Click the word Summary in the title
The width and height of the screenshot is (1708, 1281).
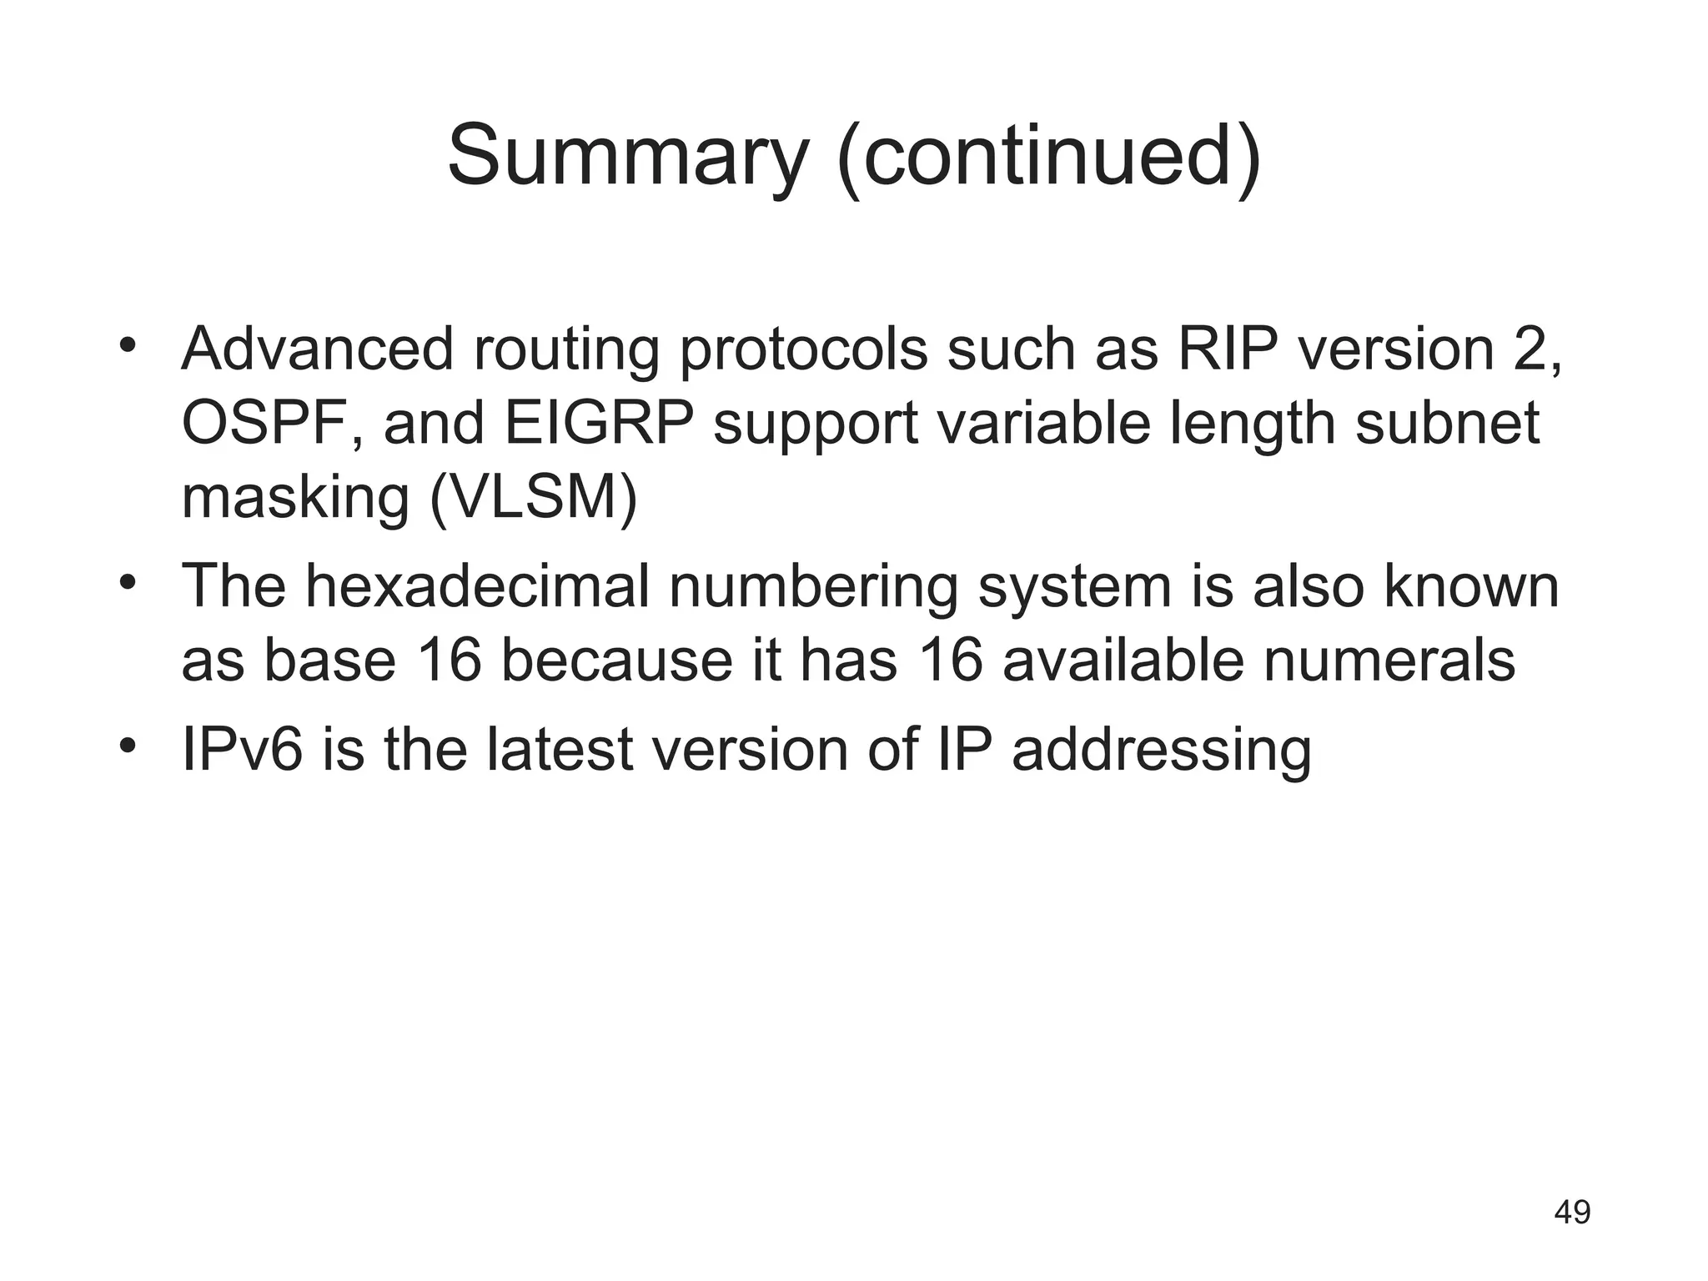tap(628, 157)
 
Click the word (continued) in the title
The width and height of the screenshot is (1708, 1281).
tap(1049, 157)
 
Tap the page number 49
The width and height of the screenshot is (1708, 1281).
tap(1572, 1212)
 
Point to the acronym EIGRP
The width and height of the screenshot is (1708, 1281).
tap(599, 423)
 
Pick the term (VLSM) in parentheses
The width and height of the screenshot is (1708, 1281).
tap(534, 498)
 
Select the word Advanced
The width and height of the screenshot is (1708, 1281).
tap(318, 348)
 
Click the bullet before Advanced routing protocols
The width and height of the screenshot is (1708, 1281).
tap(127, 345)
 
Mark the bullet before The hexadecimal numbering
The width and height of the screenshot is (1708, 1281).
tap(127, 582)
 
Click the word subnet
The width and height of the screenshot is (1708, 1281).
tap(1447, 423)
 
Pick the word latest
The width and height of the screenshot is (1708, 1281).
tap(560, 749)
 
